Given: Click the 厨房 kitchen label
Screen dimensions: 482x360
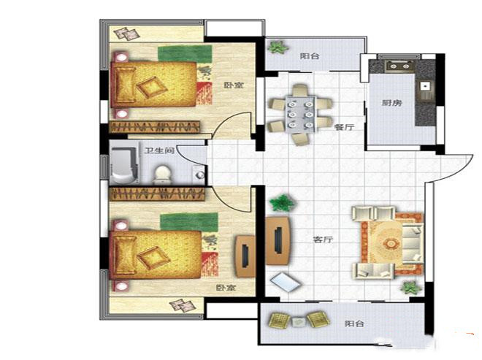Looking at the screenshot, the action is tap(392, 103).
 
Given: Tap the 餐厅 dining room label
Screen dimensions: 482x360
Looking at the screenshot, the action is tap(344, 127).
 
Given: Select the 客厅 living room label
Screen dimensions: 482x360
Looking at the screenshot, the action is tap(323, 239).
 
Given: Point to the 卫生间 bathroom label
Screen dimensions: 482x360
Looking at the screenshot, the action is tap(159, 150).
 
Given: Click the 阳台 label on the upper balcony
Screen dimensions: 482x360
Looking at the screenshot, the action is tap(310, 56).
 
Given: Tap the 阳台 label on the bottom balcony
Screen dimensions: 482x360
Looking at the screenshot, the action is tap(354, 323).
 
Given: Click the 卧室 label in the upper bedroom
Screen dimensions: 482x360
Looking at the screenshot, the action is tap(234, 85).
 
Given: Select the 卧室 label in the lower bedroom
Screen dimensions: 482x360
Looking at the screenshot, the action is tap(226, 288).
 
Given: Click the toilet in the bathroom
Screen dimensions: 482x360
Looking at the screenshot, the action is tap(162, 175).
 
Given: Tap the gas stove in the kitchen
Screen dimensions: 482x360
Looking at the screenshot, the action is tap(399, 66).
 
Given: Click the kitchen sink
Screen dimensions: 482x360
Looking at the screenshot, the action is tap(426, 86).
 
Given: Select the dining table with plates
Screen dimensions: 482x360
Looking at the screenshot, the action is tap(301, 114).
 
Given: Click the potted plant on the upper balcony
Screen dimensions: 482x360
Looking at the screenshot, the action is tap(278, 47).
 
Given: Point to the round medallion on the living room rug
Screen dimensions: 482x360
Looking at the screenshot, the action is tap(390, 244).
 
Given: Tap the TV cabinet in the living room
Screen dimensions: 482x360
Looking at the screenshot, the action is tap(278, 241).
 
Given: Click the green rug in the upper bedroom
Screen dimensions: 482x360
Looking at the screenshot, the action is tap(185, 53).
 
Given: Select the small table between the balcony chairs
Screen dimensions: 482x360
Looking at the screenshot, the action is tap(298, 322).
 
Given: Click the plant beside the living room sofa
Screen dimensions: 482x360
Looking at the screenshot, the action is tap(411, 288).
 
